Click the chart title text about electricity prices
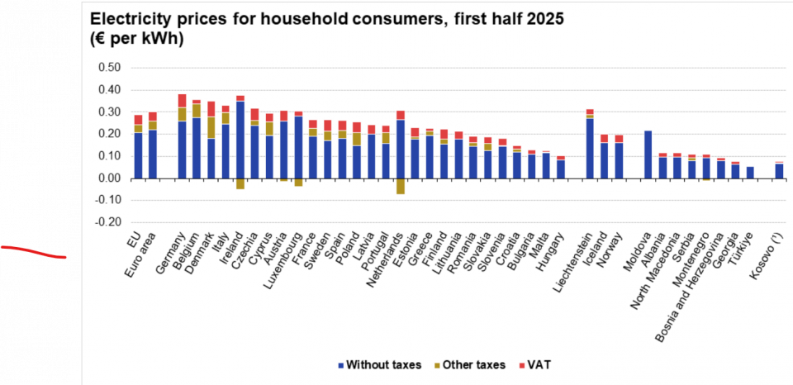point(326,19)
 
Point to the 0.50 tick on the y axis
point(109,67)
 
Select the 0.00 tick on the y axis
point(109,178)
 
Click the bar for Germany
point(182,140)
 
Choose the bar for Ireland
point(240,140)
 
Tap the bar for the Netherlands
point(401,149)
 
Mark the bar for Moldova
point(648,154)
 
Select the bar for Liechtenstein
point(590,145)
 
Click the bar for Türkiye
point(750,173)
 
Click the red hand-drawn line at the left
point(33,252)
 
